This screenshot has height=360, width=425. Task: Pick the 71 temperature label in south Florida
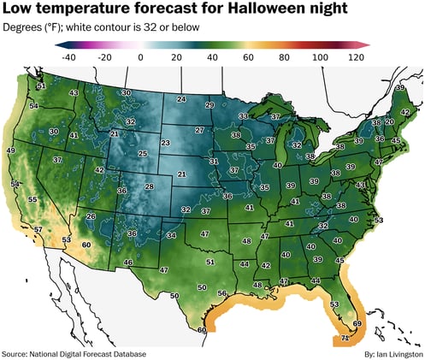tap(345, 339)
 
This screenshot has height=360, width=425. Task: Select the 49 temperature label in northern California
tap(11, 150)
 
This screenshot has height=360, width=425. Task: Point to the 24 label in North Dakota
tap(181, 99)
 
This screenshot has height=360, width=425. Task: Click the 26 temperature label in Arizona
tap(91, 216)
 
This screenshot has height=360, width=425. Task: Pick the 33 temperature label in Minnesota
tap(243, 115)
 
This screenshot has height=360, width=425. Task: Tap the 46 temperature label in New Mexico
tap(128, 262)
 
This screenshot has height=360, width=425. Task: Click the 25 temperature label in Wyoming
tap(144, 154)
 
